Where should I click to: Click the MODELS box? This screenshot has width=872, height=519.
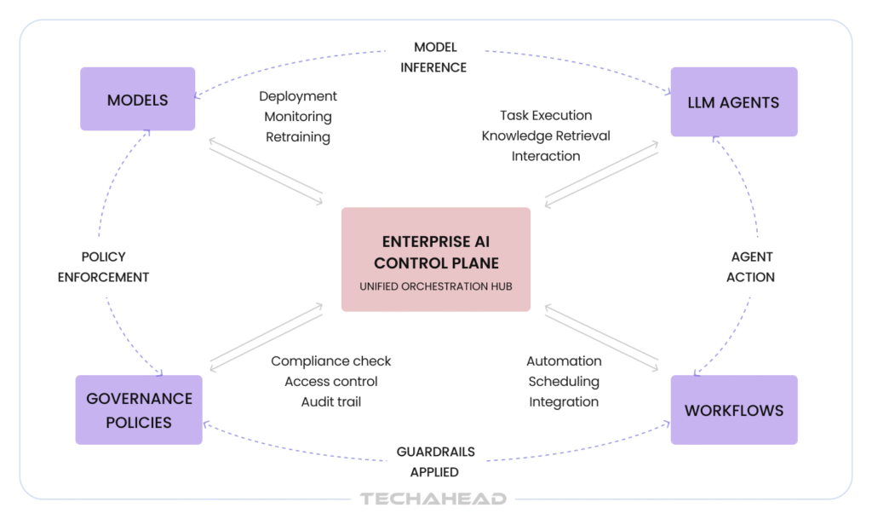[137, 100]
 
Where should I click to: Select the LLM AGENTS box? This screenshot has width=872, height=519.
[733, 102]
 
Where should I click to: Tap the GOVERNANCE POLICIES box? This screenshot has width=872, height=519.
[139, 410]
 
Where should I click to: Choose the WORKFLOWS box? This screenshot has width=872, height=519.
[733, 410]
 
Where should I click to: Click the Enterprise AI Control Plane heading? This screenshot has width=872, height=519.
[436, 252]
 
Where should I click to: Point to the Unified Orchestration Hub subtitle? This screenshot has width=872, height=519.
[436, 286]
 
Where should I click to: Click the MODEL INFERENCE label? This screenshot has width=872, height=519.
[434, 57]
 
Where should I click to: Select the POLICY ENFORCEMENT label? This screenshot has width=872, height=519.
[103, 267]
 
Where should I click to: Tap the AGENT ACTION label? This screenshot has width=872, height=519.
[752, 267]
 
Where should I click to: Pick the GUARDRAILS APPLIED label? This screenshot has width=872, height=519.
[435, 461]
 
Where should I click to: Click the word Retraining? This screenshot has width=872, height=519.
[298, 136]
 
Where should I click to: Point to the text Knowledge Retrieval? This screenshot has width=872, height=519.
[546, 136]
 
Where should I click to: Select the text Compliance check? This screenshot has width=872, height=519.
[331, 361]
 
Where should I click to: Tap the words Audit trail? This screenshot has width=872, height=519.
[331, 401]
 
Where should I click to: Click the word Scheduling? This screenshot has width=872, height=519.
[564, 381]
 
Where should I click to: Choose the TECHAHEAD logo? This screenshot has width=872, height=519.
[433, 499]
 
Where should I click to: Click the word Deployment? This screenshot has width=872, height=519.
[298, 96]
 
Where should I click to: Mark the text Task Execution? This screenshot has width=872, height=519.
[546, 115]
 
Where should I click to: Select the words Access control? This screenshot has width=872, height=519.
[331, 381]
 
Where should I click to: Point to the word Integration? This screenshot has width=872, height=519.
[564, 401]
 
